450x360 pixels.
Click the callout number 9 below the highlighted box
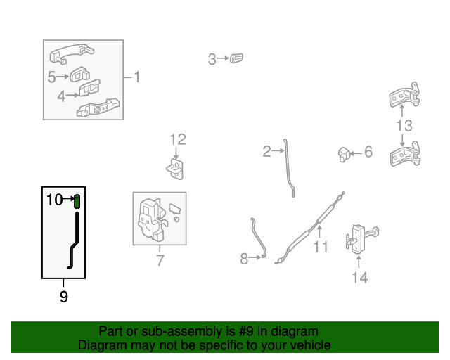click(x=64, y=296)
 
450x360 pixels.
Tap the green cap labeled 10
click(x=77, y=201)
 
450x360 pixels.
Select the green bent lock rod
click(x=74, y=241)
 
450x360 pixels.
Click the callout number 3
click(x=212, y=59)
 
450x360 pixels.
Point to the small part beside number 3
click(x=236, y=58)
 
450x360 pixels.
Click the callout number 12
click(x=178, y=139)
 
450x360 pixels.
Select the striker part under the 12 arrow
click(x=175, y=169)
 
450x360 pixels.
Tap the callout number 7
click(x=160, y=260)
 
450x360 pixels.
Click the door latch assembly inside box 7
click(x=152, y=219)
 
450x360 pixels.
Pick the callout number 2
click(x=266, y=151)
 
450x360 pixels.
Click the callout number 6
click(x=368, y=152)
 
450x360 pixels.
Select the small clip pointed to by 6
click(x=344, y=155)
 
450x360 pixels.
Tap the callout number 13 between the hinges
click(x=404, y=125)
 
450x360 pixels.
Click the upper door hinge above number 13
click(x=405, y=95)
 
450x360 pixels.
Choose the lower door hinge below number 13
click(x=405, y=154)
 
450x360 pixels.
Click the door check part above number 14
click(x=361, y=239)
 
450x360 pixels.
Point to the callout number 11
click(x=321, y=247)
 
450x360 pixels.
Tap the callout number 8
click(x=244, y=259)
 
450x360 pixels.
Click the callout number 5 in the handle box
click(x=51, y=77)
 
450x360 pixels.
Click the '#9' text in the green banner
click(x=246, y=331)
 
